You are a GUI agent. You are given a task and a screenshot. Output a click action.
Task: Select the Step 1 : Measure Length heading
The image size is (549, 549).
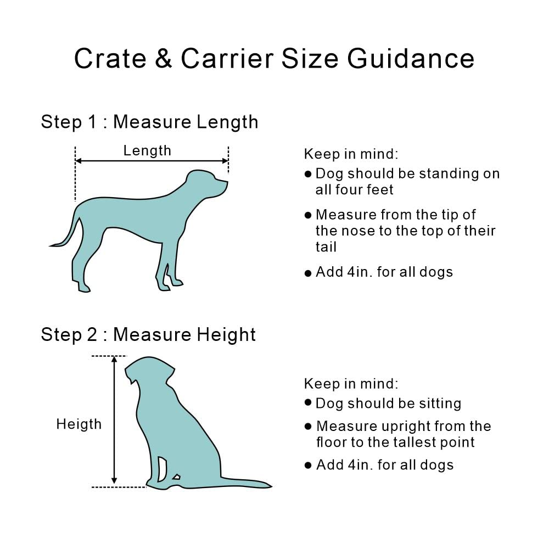pyautogui.click(x=149, y=122)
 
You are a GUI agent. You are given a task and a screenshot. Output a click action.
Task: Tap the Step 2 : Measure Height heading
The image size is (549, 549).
pyautogui.click(x=148, y=334)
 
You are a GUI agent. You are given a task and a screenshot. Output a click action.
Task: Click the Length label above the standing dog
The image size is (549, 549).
pyautogui.click(x=147, y=150)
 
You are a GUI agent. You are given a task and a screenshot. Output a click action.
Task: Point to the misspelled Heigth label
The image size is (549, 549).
pyautogui.click(x=79, y=424)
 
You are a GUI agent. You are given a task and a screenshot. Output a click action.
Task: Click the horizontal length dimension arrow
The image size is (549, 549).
pyautogui.click(x=152, y=161)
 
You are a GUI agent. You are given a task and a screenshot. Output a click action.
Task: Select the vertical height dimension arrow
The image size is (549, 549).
pyautogui.click(x=114, y=420)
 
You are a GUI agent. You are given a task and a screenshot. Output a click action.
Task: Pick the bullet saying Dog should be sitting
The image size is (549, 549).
pyautogui.click(x=388, y=404)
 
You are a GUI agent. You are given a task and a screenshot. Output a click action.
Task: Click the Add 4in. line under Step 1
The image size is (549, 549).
pyautogui.click(x=384, y=272)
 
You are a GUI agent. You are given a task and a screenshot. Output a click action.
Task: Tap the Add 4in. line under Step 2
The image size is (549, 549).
pyautogui.click(x=384, y=465)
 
